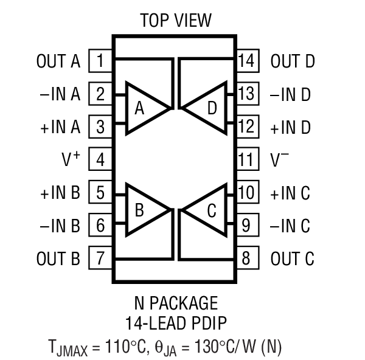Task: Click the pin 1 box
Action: [x=100, y=61]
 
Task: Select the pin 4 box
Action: [x=100, y=160]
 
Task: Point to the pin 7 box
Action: [x=100, y=258]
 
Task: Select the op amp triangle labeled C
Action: [x=207, y=211]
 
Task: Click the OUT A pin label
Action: [x=58, y=61]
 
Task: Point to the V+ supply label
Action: [x=72, y=160]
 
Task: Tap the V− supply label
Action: [x=280, y=160]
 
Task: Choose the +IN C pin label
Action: [x=290, y=193]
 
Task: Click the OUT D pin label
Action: [x=293, y=61]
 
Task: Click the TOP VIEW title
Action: [x=176, y=20]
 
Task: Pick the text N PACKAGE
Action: [x=175, y=302]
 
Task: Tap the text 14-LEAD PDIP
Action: [x=175, y=322]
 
